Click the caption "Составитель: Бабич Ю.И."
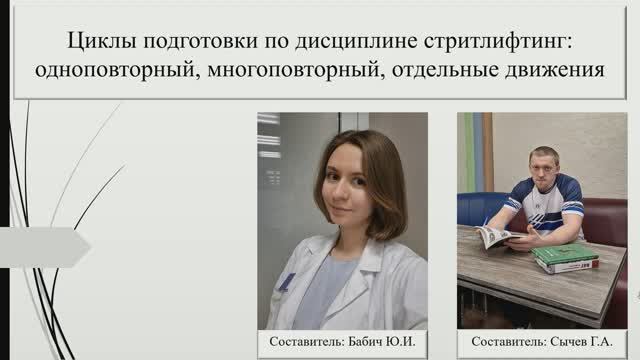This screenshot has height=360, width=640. (342, 343)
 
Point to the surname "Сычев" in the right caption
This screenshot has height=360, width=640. (569, 343)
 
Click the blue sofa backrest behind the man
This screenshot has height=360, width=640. (480, 208)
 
